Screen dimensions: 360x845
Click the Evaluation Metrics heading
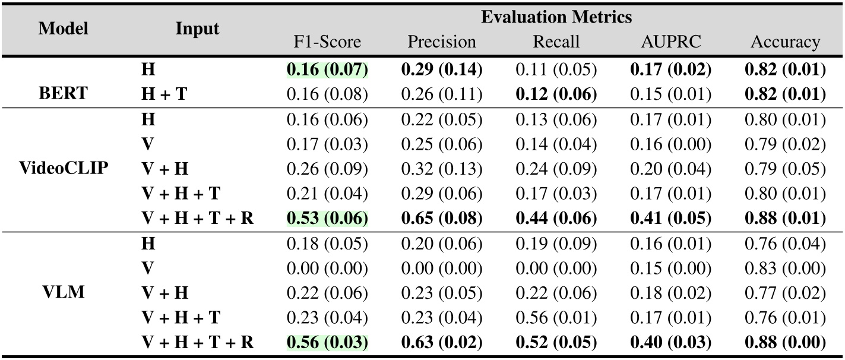tap(556, 17)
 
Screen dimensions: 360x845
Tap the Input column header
tap(197, 29)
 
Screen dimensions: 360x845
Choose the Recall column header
tap(556, 42)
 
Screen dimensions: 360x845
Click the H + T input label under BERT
tap(163, 94)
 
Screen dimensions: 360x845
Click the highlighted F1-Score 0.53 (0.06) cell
tap(327, 219)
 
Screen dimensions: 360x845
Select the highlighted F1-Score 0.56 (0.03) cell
tap(327, 342)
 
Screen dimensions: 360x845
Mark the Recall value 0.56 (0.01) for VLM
tap(556, 317)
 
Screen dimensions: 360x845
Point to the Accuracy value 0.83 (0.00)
tap(785, 268)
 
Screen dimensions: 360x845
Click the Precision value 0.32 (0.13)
tap(441, 169)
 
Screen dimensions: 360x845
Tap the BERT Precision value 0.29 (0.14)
tap(441, 70)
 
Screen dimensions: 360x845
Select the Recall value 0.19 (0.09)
tap(556, 244)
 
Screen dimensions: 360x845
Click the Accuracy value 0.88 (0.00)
tap(785, 342)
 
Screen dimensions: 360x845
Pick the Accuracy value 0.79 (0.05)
tap(785, 169)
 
